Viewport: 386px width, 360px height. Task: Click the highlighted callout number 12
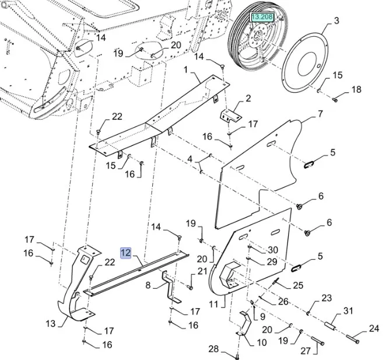[x=125, y=253]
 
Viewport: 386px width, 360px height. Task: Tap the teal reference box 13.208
[x=261, y=18]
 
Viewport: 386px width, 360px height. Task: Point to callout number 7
[x=320, y=114]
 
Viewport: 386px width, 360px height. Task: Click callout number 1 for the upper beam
[x=185, y=70]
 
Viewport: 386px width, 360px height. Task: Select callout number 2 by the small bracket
[x=248, y=98]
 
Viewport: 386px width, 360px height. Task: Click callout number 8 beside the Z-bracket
[x=148, y=285]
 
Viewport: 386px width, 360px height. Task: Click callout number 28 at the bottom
[x=213, y=349]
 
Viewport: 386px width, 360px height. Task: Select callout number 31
[x=348, y=311]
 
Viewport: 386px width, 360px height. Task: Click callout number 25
[x=298, y=285]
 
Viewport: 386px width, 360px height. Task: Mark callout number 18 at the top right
[x=356, y=90]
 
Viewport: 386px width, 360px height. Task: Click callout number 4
[x=190, y=159]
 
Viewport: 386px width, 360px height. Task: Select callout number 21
[x=202, y=271]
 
